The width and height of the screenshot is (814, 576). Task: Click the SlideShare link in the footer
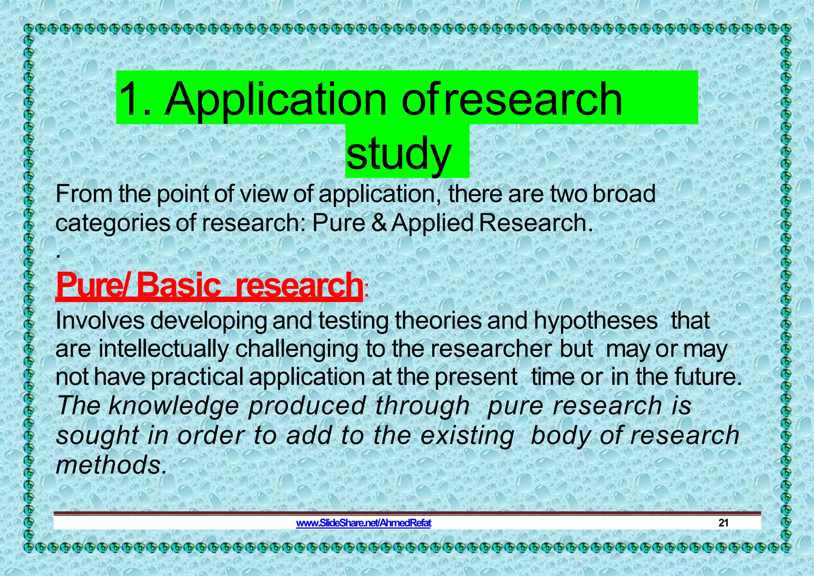tap(363, 523)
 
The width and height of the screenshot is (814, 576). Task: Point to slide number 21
tap(723, 523)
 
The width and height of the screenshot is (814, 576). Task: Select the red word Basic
tap(178, 285)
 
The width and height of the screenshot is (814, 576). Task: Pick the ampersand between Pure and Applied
tap(379, 223)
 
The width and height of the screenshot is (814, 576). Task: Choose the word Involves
tap(100, 320)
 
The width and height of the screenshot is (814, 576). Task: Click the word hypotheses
tap(595, 321)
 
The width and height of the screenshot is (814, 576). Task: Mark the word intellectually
tap(163, 349)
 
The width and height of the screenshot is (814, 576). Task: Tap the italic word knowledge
tap(174, 406)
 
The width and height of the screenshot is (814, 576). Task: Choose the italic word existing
tap(467, 435)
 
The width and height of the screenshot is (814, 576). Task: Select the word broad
tap(624, 194)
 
